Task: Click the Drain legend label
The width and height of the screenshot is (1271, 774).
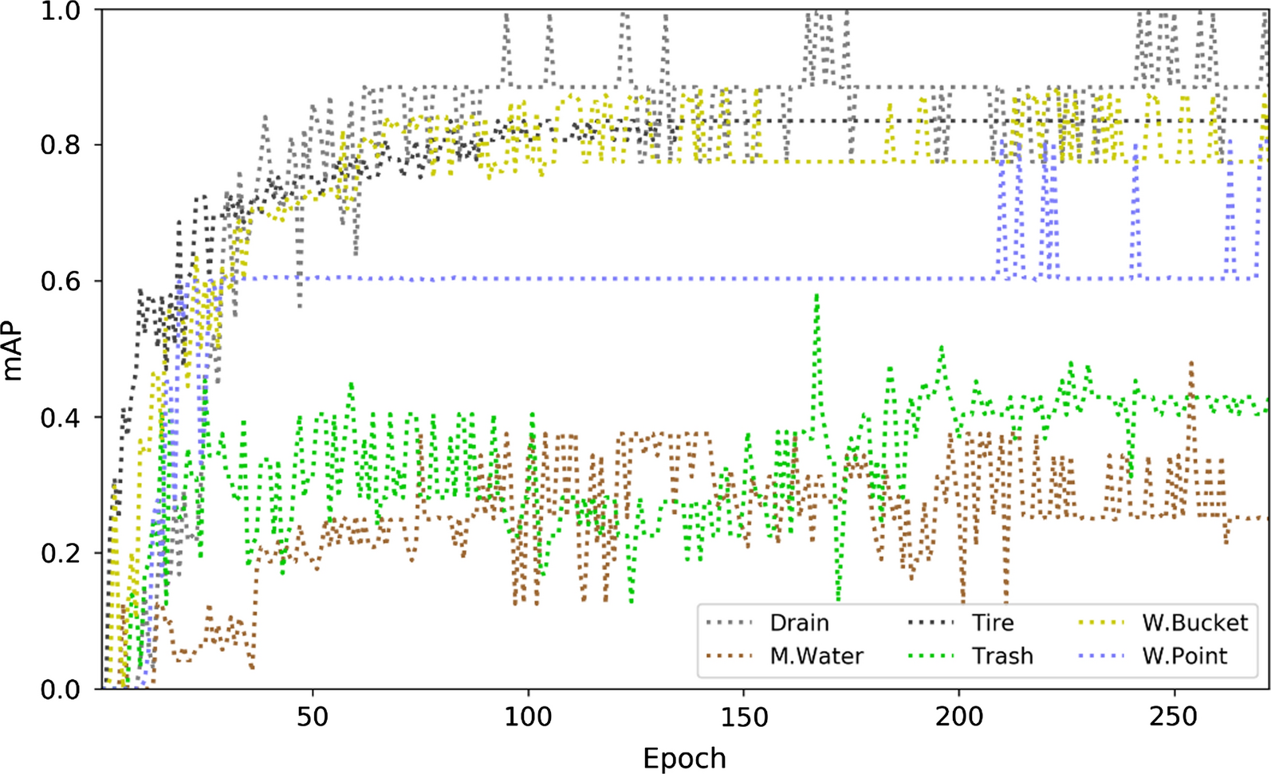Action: click(x=799, y=623)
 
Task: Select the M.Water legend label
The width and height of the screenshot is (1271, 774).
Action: click(x=816, y=656)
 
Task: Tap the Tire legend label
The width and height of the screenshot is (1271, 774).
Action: click(x=993, y=623)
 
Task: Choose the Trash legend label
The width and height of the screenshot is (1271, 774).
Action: click(x=1002, y=656)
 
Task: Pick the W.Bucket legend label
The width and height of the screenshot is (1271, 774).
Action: click(x=1194, y=623)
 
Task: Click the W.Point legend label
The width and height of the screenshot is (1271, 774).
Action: click(x=1184, y=656)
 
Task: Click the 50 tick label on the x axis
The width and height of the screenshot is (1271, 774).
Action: click(x=313, y=717)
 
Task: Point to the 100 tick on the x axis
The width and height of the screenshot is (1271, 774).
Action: click(x=528, y=717)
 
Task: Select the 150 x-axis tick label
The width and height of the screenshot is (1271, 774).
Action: click(x=743, y=717)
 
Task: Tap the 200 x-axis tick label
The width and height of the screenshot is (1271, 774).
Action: click(x=959, y=717)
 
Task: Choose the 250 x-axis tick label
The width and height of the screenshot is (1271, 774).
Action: click(x=1175, y=717)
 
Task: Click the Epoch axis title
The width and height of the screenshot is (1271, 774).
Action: click(x=684, y=757)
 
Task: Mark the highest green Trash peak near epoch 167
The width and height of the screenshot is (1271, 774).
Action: click(x=817, y=296)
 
